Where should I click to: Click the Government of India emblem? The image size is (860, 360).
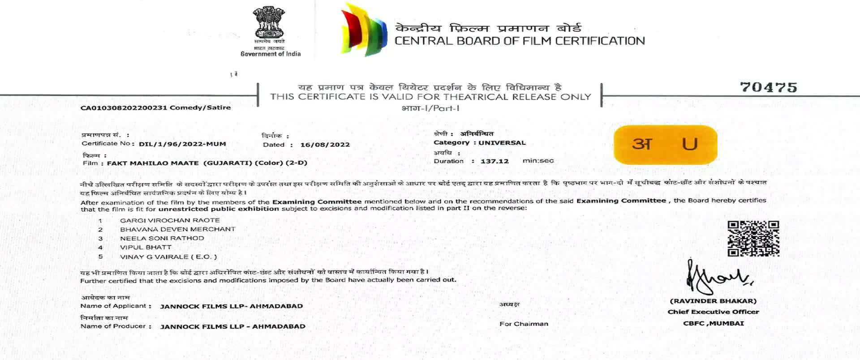(269, 22)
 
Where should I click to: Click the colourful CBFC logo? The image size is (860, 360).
(364, 30)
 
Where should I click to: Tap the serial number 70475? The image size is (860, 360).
(768, 87)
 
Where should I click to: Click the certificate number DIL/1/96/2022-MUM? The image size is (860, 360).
(182, 144)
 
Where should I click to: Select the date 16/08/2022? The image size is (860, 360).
(325, 145)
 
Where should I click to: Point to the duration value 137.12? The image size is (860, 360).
(494, 161)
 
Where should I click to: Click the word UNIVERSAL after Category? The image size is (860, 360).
(502, 143)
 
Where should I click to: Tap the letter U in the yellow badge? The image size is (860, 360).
(689, 144)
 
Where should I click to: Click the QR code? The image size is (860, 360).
(753, 238)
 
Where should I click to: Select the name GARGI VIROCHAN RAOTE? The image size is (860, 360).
(170, 220)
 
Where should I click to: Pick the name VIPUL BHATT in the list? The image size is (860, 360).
(146, 247)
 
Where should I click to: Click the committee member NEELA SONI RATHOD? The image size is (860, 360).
(162, 238)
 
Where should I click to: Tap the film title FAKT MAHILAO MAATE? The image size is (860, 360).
(152, 163)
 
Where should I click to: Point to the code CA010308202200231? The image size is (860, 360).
(124, 108)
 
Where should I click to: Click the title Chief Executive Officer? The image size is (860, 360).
(713, 312)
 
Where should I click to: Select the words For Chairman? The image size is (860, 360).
(524, 324)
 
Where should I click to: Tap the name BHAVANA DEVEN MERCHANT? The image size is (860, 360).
(177, 229)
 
